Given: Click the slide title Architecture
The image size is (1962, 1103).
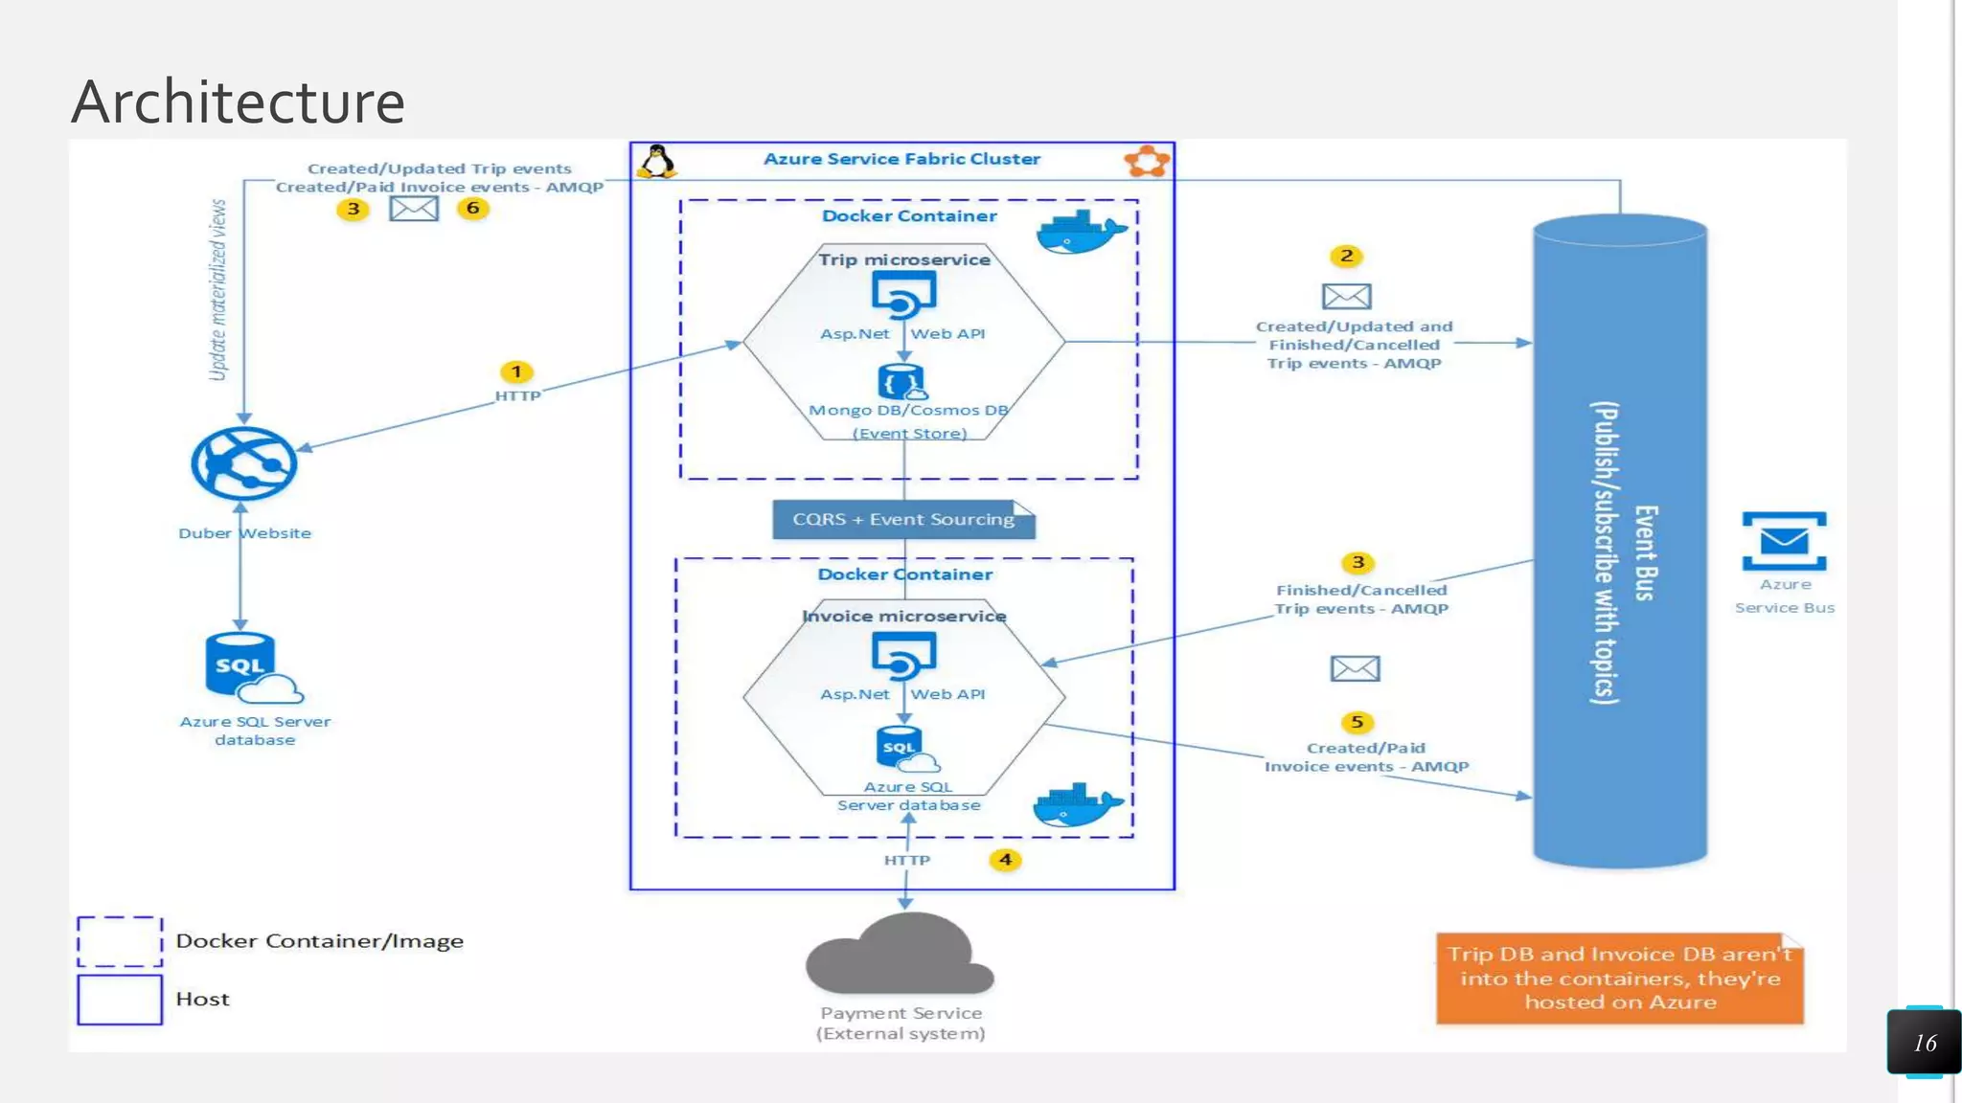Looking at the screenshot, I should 238,101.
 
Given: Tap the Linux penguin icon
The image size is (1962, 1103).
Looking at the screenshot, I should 657,162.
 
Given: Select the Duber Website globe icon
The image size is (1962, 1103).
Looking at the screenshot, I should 243,463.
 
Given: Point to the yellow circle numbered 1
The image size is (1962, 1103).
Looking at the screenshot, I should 516,371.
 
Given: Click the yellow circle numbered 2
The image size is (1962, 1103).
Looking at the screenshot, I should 1346,256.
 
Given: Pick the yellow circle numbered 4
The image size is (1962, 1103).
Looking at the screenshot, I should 1005,860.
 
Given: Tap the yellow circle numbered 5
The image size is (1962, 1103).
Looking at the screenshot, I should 1357,722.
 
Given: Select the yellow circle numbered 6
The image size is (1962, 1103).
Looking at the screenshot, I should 472,208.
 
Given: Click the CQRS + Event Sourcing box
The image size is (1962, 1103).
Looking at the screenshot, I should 903,519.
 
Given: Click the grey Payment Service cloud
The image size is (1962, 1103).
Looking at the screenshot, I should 899,957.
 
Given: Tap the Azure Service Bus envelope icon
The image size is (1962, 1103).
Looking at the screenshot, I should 1784,542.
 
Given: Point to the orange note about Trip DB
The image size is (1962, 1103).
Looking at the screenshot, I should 1619,978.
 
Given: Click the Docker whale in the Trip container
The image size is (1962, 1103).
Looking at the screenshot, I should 1080,233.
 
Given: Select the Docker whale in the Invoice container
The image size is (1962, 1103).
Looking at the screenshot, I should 1076,805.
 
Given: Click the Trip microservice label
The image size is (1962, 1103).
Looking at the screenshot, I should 904,259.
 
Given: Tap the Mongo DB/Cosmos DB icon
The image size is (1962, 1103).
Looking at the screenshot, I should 901,382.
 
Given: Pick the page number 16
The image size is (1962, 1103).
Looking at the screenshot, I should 1925,1043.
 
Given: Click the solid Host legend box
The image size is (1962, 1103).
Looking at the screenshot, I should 120,1000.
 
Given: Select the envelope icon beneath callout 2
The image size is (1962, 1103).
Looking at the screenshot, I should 1346,297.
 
